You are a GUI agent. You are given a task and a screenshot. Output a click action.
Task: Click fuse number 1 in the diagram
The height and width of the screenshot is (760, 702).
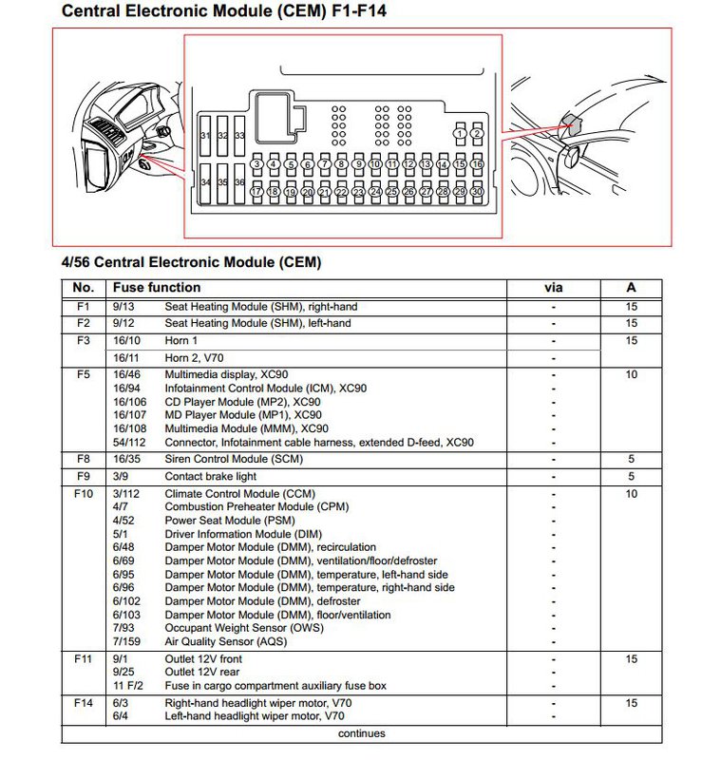click(460, 133)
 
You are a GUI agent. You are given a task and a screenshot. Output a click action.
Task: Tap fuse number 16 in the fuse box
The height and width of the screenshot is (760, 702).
click(478, 164)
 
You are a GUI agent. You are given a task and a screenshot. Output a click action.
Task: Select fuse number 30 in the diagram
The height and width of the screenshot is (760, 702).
click(477, 192)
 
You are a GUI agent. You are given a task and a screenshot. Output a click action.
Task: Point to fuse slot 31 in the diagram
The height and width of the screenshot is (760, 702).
click(205, 136)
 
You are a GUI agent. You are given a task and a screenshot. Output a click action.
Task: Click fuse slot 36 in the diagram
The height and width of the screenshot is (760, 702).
click(239, 182)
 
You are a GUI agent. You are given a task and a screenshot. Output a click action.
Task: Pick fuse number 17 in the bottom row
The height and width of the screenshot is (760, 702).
click(256, 192)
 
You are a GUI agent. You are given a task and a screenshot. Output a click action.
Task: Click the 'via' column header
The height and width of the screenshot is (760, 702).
click(554, 288)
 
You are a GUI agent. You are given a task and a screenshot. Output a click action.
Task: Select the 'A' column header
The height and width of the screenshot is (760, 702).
click(631, 288)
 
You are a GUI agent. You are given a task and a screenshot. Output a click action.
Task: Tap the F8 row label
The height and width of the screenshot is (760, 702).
click(83, 459)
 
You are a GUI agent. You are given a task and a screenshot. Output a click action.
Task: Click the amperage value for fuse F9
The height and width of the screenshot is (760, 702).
click(631, 477)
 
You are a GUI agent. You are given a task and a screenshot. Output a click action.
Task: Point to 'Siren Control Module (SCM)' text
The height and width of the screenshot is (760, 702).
click(234, 459)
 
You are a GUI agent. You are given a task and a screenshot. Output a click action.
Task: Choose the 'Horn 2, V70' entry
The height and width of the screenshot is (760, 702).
click(194, 358)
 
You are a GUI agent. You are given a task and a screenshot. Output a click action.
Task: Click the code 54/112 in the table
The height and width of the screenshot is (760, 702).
click(129, 443)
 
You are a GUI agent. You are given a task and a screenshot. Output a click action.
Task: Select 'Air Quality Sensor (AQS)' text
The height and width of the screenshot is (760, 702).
click(226, 642)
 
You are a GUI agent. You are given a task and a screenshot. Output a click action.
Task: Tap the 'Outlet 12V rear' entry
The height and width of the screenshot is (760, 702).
click(201, 673)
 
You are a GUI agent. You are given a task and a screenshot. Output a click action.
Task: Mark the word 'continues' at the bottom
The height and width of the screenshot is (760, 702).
click(362, 733)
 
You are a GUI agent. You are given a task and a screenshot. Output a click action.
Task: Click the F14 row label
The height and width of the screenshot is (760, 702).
click(83, 703)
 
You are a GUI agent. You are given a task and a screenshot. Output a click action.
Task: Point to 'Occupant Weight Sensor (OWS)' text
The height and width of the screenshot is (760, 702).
click(244, 628)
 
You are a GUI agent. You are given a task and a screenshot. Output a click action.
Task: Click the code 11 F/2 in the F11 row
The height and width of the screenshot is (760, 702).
click(128, 686)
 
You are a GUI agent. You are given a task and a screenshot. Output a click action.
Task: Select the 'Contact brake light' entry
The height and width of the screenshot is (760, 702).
click(210, 477)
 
